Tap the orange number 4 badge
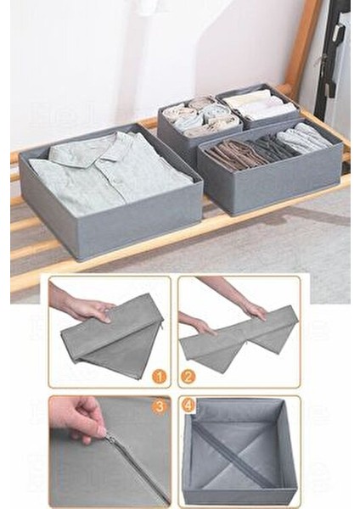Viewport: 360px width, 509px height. coord(188,406)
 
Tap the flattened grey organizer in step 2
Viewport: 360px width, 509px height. coord(238,339)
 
